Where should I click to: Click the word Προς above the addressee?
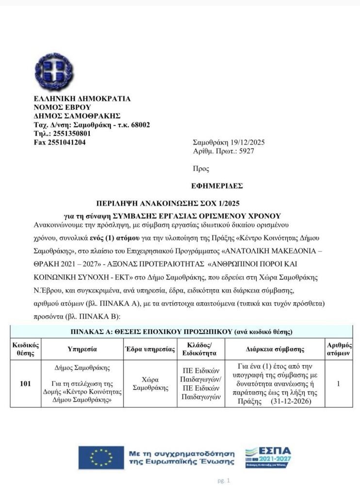tap(201, 169)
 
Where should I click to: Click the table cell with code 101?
tap(25, 383)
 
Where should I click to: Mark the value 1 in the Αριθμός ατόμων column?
tap(338, 383)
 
